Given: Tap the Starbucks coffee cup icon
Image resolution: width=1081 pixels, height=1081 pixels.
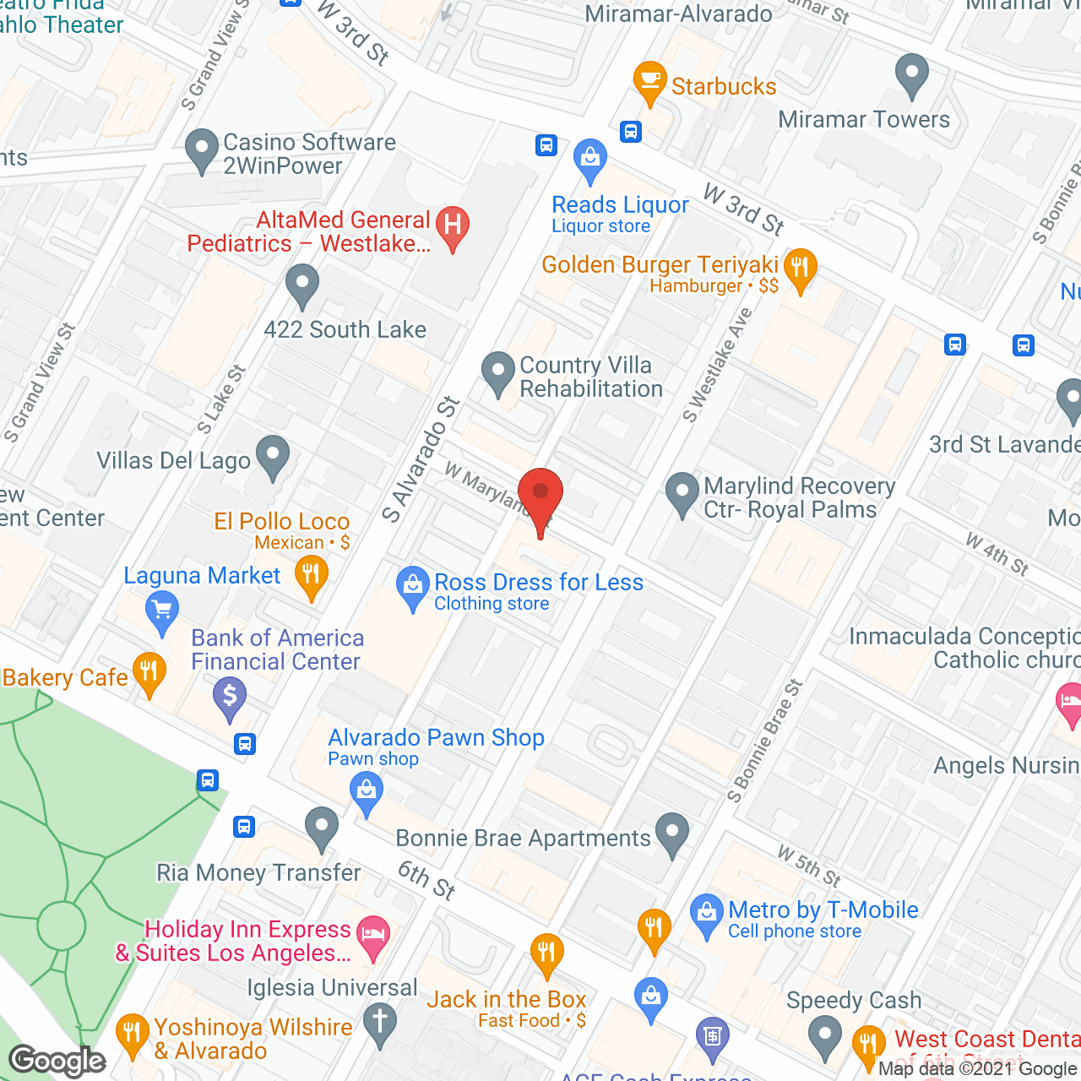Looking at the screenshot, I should coord(649,81).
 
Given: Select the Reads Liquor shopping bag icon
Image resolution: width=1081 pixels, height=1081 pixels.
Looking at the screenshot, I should coord(589,159).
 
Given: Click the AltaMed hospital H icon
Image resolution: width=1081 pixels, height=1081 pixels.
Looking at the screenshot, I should coord(453,226).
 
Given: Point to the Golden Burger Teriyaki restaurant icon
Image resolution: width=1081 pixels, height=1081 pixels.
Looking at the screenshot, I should coord(799,269).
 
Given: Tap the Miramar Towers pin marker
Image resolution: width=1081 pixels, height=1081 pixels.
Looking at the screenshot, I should coord(911,73).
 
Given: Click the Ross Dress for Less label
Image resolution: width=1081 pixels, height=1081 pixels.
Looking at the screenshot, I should coord(538,583).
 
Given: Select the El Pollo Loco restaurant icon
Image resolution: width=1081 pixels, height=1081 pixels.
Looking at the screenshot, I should coord(312,576).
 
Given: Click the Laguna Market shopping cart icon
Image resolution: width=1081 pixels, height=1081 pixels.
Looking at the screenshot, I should coord(161,610).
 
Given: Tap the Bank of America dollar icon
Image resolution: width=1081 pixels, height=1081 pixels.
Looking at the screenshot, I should coord(229,698).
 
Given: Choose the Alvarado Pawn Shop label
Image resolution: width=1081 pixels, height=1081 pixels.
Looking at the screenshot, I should coord(436,737).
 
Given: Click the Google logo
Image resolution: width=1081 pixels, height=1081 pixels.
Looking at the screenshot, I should coord(57,1061).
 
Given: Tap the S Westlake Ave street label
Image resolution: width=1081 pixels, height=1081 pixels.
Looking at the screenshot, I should coord(717,366).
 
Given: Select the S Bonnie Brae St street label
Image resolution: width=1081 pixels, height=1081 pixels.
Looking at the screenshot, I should coord(763,742).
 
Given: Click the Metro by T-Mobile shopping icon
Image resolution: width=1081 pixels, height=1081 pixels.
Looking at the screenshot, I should coord(706,914).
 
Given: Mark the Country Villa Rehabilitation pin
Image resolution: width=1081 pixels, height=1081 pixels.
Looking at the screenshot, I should coord(497,371).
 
